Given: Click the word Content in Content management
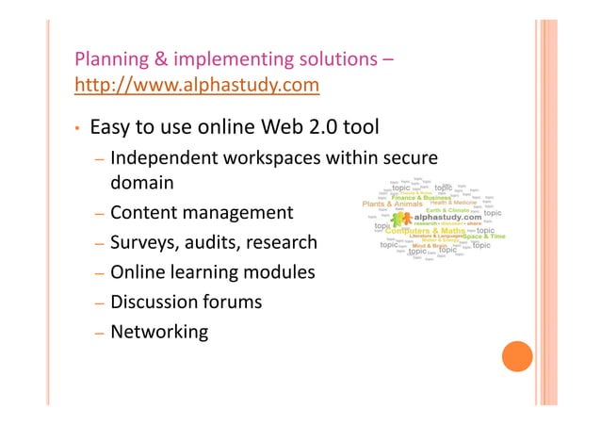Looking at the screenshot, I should click(143, 213).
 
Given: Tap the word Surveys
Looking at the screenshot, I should click(143, 243).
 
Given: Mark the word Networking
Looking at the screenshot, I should click(158, 332).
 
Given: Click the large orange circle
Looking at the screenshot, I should click(515, 356).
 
